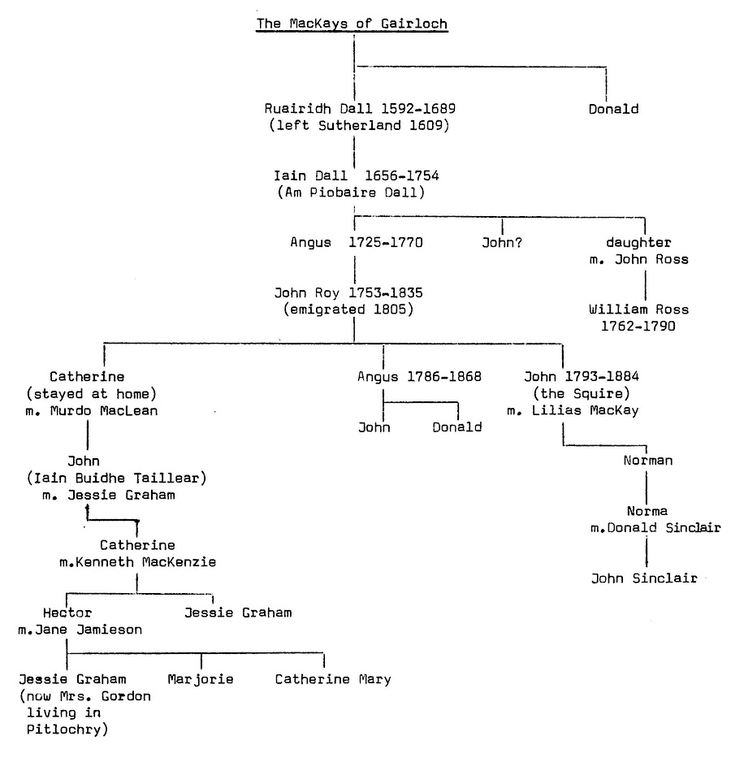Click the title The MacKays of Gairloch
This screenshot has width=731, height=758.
[x=352, y=24]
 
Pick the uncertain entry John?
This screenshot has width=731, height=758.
[x=501, y=241]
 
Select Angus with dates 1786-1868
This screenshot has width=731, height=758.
[x=419, y=376]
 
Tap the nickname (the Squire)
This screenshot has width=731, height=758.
[x=562, y=393]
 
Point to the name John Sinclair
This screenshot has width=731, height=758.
[x=645, y=578]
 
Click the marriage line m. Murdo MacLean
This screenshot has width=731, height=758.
[x=102, y=410]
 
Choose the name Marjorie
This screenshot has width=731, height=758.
[x=201, y=679]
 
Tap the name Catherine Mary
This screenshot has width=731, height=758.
[x=332, y=679]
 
